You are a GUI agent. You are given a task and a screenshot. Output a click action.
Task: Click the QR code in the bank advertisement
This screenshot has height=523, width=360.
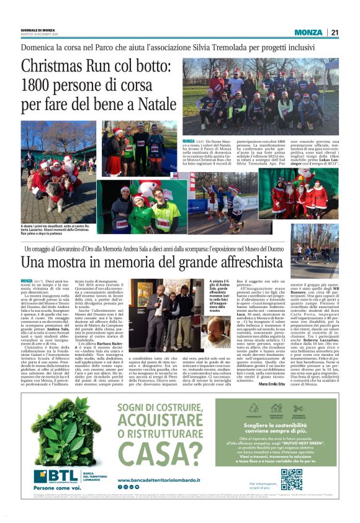coord(291,480)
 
